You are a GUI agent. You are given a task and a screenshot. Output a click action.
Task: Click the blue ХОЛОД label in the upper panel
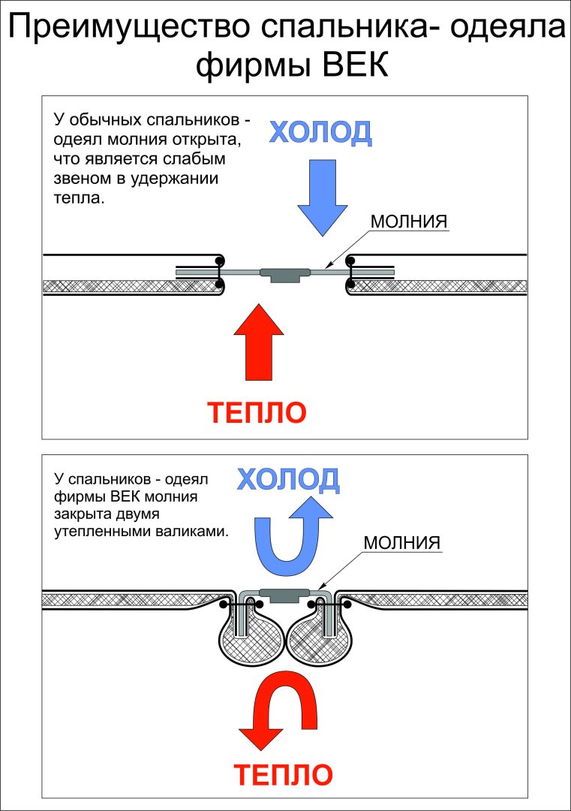tap(320, 132)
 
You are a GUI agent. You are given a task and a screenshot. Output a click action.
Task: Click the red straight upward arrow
tap(259, 342)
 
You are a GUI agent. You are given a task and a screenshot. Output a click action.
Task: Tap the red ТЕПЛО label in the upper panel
tap(257, 412)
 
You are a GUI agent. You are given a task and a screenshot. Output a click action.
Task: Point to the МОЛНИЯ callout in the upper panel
tap(410, 222)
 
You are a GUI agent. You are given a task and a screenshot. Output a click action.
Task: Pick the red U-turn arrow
tap(279, 706)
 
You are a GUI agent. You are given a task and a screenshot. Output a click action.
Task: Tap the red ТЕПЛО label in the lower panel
tap(282, 774)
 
